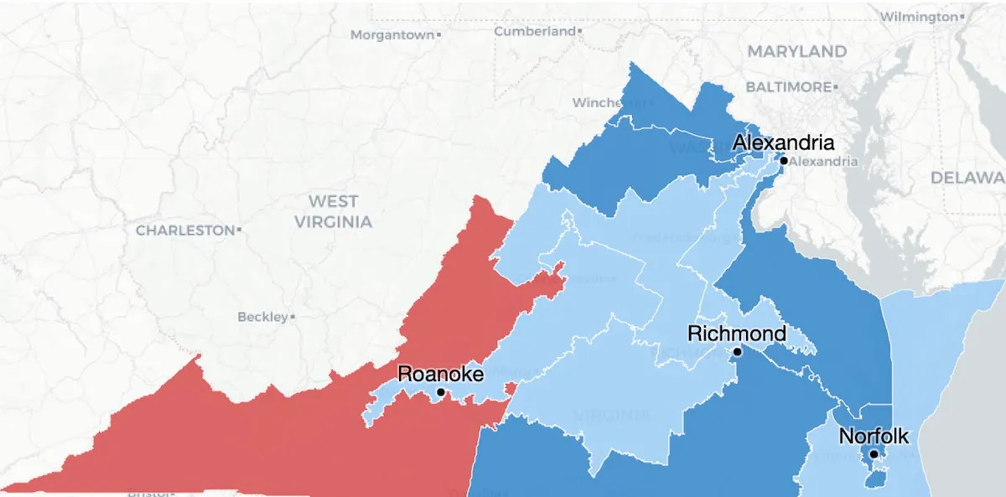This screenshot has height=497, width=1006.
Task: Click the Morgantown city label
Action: click(392, 35)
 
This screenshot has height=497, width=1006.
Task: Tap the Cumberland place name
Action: click(535, 31)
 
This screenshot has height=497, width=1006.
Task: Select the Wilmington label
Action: click(917, 17)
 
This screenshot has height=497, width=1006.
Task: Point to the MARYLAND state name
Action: click(796, 52)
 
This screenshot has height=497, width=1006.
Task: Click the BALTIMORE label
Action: click(787, 87)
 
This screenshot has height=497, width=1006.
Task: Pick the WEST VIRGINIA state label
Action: click(332, 211)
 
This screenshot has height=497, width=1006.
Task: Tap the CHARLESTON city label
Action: click(185, 230)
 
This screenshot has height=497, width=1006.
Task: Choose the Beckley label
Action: click(262, 317)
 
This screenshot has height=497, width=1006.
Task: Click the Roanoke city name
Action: click(440, 374)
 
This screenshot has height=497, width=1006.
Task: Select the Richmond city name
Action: click(737, 334)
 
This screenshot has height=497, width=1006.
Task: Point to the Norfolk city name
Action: click(874, 436)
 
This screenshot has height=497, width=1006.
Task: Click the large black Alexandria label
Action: click(783, 142)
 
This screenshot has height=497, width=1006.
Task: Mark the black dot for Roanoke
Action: click(441, 391)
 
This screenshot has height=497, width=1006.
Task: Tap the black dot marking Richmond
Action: click(737, 352)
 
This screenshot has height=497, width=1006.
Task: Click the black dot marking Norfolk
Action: click(874, 454)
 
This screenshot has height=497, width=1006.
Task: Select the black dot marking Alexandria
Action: click(783, 161)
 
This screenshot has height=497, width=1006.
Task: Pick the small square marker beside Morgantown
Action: click(438, 35)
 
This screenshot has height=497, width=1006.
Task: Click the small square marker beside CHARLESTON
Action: click(240, 230)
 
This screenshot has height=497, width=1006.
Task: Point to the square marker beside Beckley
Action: click(293, 317)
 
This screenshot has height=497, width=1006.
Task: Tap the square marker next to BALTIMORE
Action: click(835, 87)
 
